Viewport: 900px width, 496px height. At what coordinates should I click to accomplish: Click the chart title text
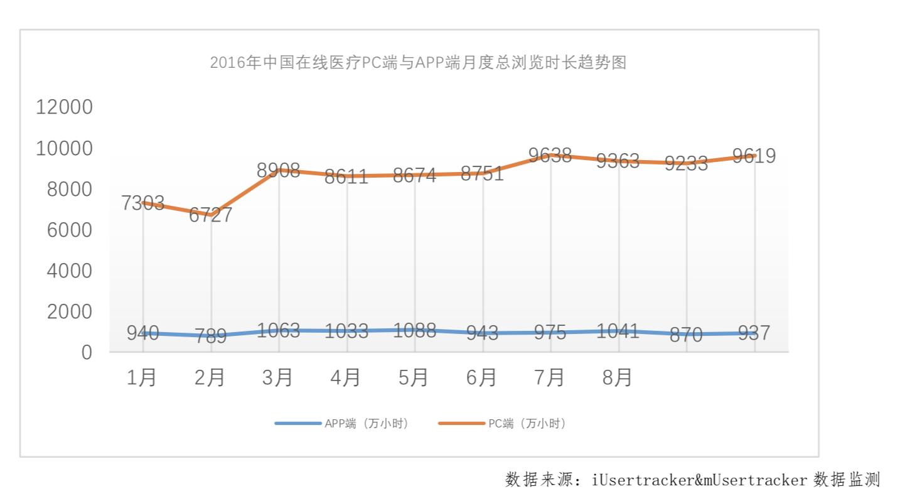click(x=418, y=63)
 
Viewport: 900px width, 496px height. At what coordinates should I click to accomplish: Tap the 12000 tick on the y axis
click(x=64, y=107)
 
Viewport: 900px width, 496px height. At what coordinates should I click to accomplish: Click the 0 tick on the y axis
click(x=86, y=352)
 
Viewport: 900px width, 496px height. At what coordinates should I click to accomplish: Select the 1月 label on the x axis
click(x=142, y=377)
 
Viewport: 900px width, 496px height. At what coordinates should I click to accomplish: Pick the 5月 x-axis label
click(x=414, y=377)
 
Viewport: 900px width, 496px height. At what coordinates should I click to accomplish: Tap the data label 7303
click(x=143, y=203)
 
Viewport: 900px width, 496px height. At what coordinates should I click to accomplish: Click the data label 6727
click(x=211, y=215)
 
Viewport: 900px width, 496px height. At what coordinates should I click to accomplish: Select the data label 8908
click(x=278, y=170)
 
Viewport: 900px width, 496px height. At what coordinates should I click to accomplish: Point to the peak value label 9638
click(x=550, y=155)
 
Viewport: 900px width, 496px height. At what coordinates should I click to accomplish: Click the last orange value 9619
click(x=754, y=156)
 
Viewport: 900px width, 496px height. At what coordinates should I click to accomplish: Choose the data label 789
click(x=211, y=336)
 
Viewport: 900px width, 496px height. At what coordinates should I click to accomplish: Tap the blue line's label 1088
click(x=414, y=330)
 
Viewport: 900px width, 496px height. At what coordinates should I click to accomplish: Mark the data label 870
click(x=685, y=335)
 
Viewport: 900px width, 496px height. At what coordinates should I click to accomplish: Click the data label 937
click(x=754, y=333)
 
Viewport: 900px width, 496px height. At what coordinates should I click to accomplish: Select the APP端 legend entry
click(x=342, y=424)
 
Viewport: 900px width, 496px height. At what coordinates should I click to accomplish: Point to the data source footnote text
click(x=693, y=480)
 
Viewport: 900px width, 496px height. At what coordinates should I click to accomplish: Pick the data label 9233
click(x=686, y=163)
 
